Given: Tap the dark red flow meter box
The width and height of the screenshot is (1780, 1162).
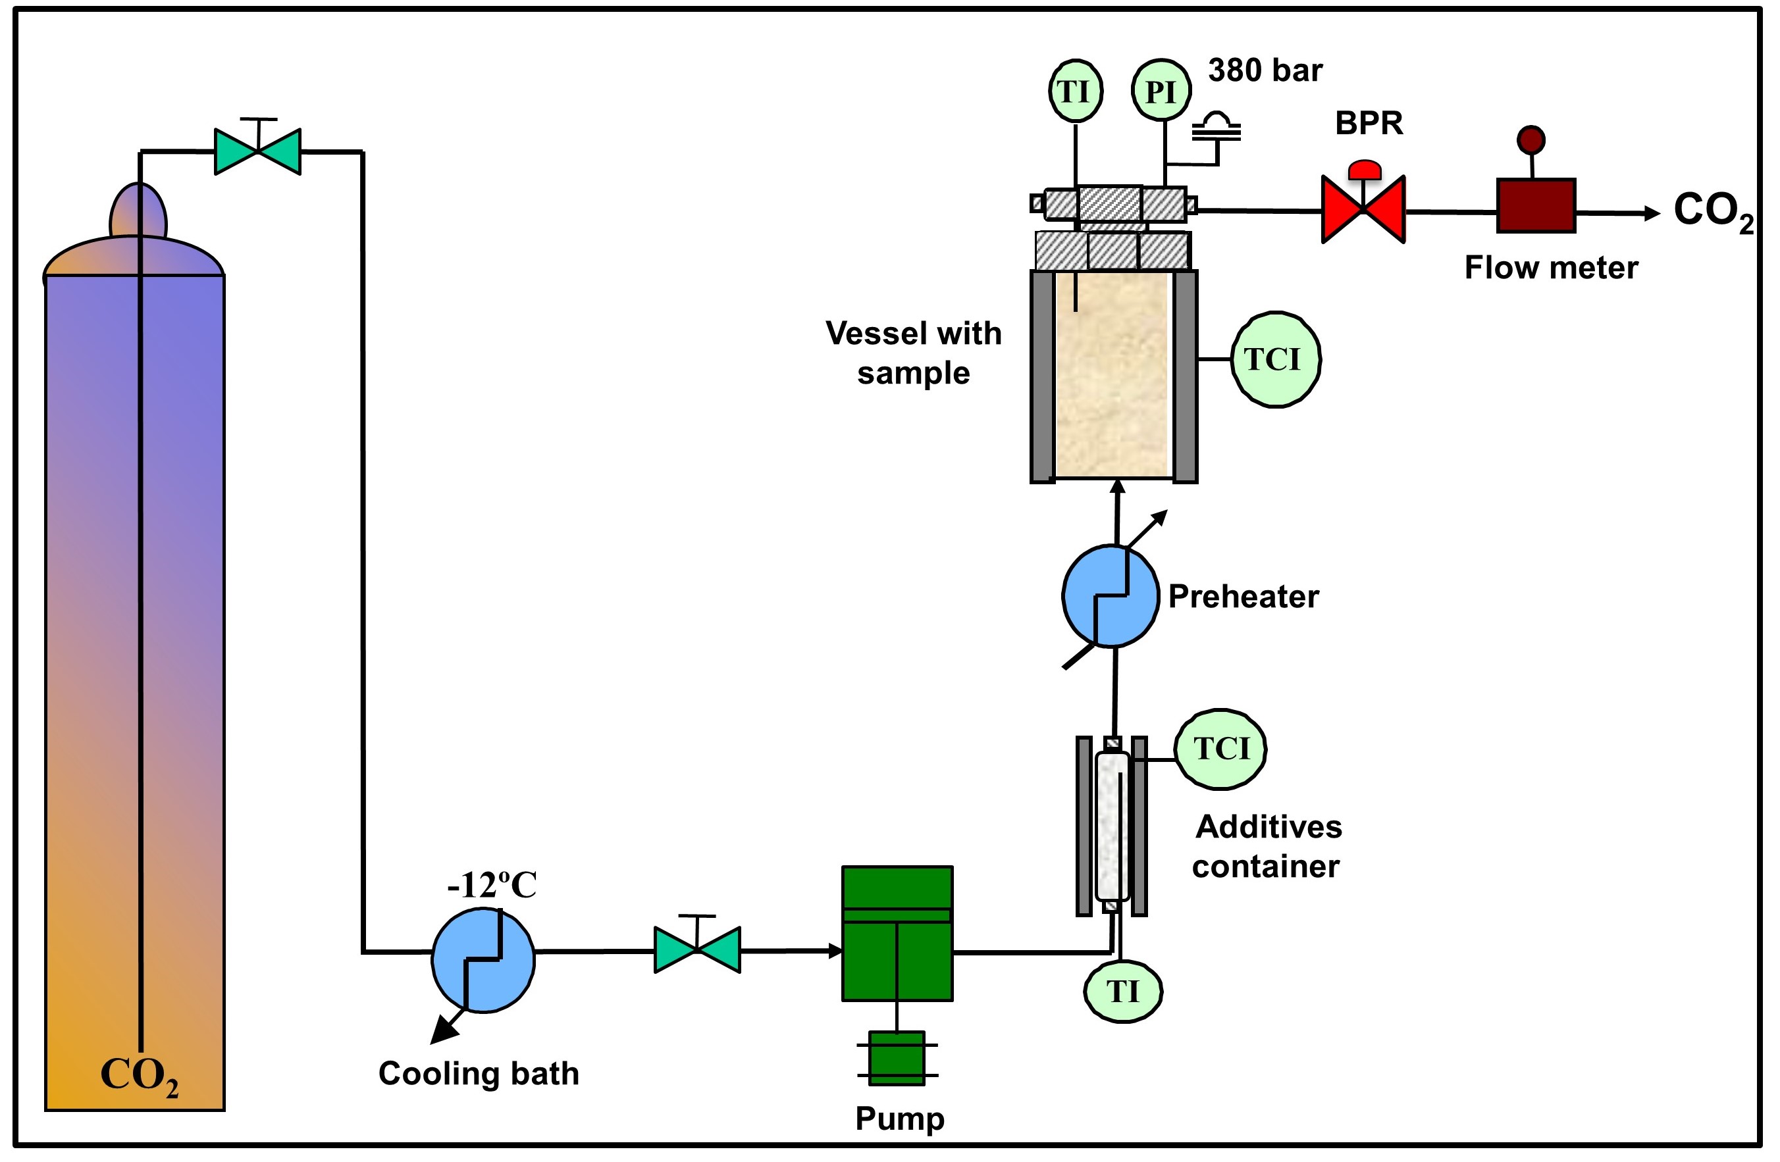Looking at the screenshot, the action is click(x=1536, y=206).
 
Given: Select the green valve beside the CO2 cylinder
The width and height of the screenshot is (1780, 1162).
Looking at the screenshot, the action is click(x=258, y=151).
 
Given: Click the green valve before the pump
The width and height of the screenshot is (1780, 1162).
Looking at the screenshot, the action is click(x=697, y=949).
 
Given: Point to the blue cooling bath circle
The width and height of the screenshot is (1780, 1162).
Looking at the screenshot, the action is click(x=483, y=960).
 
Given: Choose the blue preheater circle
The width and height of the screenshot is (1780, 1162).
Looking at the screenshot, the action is click(x=1111, y=596).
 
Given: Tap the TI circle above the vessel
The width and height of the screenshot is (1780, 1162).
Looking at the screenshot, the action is click(x=1076, y=91).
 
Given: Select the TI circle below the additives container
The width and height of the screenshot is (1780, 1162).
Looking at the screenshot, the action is click(x=1122, y=992).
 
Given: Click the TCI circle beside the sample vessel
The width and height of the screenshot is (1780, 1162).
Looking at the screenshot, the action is click(x=1276, y=360).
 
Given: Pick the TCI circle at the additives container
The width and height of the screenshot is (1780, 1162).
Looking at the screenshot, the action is click(x=1220, y=749).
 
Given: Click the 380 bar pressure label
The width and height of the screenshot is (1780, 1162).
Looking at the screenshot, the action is click(x=1265, y=70).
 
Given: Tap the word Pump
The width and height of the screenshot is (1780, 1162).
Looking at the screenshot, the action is click(x=900, y=1119).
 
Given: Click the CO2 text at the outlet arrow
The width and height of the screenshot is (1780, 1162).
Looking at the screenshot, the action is click(x=1714, y=212).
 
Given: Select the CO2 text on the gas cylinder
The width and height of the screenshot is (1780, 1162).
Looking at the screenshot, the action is click(x=140, y=1076).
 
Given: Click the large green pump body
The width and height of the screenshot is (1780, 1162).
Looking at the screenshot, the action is click(x=897, y=933).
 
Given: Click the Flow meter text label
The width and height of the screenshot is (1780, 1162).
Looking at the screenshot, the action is click(x=1551, y=268).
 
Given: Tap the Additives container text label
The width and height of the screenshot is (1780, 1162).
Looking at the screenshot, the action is click(x=1268, y=846).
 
